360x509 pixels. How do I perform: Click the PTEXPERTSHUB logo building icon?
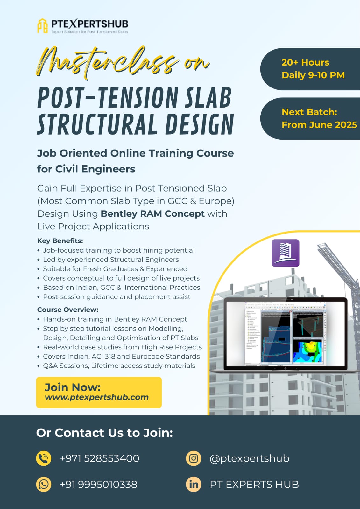click(x=42, y=25)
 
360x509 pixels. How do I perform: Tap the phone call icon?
click(x=44, y=458)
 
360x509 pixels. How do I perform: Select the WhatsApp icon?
click(x=44, y=484)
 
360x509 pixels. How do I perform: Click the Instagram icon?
click(x=194, y=458)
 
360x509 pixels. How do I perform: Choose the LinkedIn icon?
click(x=194, y=484)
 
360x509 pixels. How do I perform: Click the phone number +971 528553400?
click(x=99, y=458)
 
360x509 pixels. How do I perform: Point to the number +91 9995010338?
click(x=98, y=485)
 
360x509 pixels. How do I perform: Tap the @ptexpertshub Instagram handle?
click(x=249, y=458)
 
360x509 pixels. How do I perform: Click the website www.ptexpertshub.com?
click(x=97, y=397)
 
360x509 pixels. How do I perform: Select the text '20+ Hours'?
click(x=305, y=62)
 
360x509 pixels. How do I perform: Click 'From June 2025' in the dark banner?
click(x=319, y=125)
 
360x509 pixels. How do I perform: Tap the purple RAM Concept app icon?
click(x=285, y=253)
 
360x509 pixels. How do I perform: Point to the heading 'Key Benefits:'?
click(x=60, y=241)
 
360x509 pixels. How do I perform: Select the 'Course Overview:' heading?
click(x=68, y=310)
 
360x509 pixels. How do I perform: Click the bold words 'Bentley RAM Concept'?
click(x=152, y=214)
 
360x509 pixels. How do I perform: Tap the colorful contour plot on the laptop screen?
click(x=307, y=352)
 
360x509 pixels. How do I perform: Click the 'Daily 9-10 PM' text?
click(x=313, y=75)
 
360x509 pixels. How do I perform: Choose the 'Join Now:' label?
click(x=73, y=387)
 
